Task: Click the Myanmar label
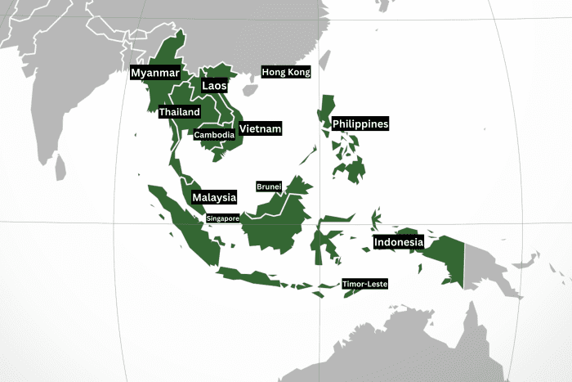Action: pos(154,73)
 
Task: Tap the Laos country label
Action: pos(214,86)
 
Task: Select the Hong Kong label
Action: pos(286,72)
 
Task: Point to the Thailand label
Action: pos(179,111)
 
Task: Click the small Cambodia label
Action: pos(215,135)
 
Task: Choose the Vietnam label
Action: pos(261,128)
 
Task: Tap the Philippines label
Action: pos(360,124)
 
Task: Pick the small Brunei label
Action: pos(269,187)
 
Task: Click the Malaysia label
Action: pos(214,197)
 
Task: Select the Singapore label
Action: pos(222,218)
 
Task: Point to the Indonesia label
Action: pos(399,242)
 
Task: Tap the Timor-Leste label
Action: pos(364,284)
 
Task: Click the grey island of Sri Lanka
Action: pos(60,168)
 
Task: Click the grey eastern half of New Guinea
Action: pos(490,262)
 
